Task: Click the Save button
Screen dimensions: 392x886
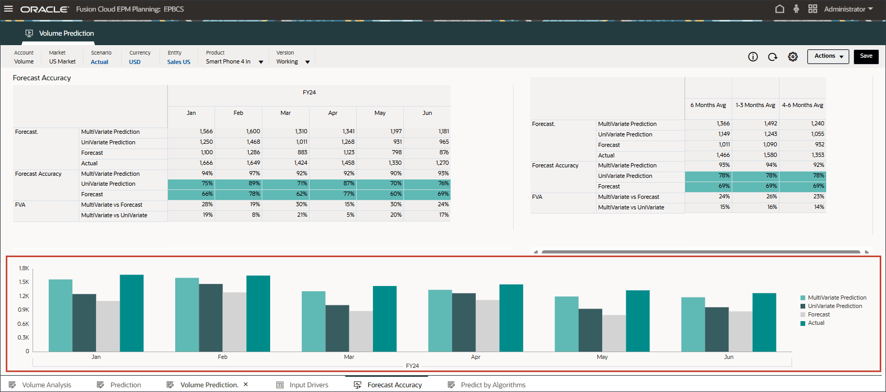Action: [x=866, y=56]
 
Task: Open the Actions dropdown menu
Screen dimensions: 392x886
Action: [x=828, y=56]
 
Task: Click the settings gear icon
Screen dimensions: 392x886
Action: [x=793, y=57]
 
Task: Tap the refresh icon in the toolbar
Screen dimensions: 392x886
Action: [x=773, y=57]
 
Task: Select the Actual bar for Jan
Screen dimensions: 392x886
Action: [x=132, y=313]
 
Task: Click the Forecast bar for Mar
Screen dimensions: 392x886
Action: [x=361, y=331]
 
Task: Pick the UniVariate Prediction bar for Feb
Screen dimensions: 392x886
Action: [x=211, y=317]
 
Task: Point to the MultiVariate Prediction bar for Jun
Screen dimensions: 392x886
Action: [x=693, y=324]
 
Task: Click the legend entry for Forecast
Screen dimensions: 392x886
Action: [x=818, y=314]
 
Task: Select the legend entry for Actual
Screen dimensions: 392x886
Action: [x=816, y=323]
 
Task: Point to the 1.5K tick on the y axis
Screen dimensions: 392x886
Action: [x=24, y=282]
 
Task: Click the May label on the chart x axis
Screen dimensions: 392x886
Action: [x=602, y=357]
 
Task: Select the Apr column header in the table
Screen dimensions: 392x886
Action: [x=333, y=113]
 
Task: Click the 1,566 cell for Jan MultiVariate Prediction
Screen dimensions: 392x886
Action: [x=206, y=131]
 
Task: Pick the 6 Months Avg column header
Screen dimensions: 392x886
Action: [x=708, y=105]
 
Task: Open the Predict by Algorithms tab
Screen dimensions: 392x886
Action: [x=493, y=385]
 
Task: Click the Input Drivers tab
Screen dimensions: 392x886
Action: [x=308, y=385]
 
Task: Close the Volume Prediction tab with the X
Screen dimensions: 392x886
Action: [x=245, y=384]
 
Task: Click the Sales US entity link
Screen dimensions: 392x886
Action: [x=179, y=62]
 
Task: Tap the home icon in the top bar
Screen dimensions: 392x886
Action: [x=780, y=9]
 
